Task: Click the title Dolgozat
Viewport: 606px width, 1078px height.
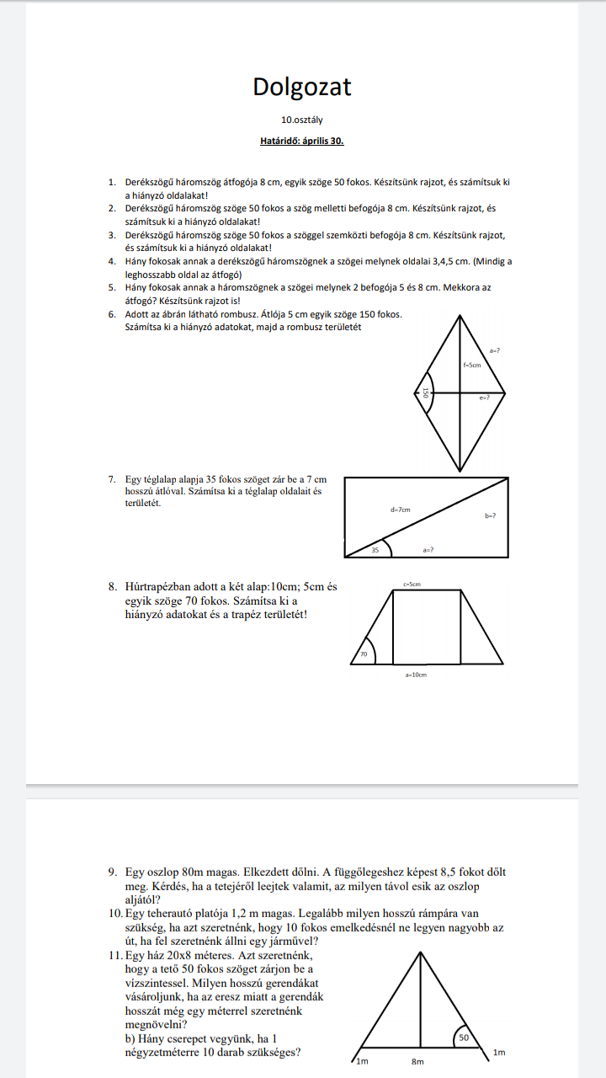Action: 302,87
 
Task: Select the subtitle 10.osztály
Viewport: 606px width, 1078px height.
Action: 302,120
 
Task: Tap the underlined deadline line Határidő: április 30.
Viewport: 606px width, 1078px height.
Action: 302,141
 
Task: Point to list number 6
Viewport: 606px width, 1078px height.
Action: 112,314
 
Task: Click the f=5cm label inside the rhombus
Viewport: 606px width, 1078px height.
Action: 472,366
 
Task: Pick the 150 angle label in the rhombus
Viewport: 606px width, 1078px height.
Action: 427,393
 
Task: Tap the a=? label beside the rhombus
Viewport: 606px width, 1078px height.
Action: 494,348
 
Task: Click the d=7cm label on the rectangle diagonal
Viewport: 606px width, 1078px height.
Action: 400,510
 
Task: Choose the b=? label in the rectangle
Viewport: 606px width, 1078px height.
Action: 490,516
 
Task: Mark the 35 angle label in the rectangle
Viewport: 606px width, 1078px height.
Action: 375,550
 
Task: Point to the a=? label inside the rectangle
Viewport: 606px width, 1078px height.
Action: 428,550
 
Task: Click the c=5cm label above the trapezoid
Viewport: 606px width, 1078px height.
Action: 412,584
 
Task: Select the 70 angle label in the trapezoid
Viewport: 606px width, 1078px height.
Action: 364,654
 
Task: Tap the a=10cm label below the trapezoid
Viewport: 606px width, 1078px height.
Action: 416,675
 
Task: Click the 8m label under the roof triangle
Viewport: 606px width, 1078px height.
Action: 417,1062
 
